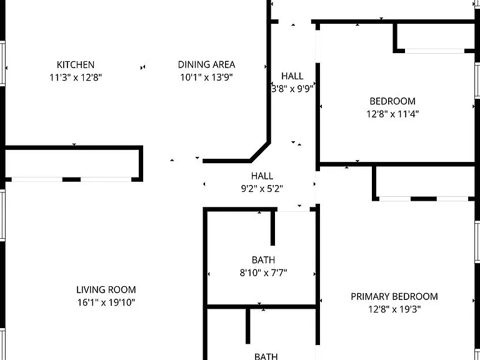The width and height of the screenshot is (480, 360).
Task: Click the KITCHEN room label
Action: [x=76, y=65]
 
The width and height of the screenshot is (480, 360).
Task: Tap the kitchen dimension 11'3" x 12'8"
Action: [x=76, y=77]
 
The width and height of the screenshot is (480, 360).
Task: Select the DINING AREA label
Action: [x=207, y=65]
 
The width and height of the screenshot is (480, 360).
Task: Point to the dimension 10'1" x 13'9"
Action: [x=207, y=77]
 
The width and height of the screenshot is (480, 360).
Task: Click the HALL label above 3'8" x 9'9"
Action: [x=292, y=76]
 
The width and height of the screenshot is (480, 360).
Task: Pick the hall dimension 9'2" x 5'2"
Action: [x=262, y=189]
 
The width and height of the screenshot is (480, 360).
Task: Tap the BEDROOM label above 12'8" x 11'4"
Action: [x=392, y=101]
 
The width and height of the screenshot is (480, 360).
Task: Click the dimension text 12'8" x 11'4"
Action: [x=392, y=114]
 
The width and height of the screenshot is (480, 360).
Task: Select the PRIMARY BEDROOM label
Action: [x=394, y=297]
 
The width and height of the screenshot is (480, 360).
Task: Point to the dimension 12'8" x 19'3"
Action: [x=394, y=309]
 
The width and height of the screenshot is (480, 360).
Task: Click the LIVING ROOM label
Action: [x=106, y=289]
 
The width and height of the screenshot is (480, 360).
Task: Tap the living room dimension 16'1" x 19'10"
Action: [x=106, y=302]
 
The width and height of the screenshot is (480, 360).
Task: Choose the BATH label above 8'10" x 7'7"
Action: [x=263, y=260]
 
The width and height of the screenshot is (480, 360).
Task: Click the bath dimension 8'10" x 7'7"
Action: [x=263, y=272]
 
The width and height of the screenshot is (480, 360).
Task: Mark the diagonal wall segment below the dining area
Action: [x=260, y=151]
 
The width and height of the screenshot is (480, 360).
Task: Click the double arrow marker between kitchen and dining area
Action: [x=142, y=67]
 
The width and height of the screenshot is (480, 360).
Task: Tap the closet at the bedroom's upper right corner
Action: [x=436, y=36]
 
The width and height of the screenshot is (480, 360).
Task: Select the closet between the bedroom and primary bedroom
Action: [x=424, y=182]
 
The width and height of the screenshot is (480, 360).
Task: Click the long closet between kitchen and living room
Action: [x=74, y=164]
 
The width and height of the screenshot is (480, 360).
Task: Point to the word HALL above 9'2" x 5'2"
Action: [x=262, y=176]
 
